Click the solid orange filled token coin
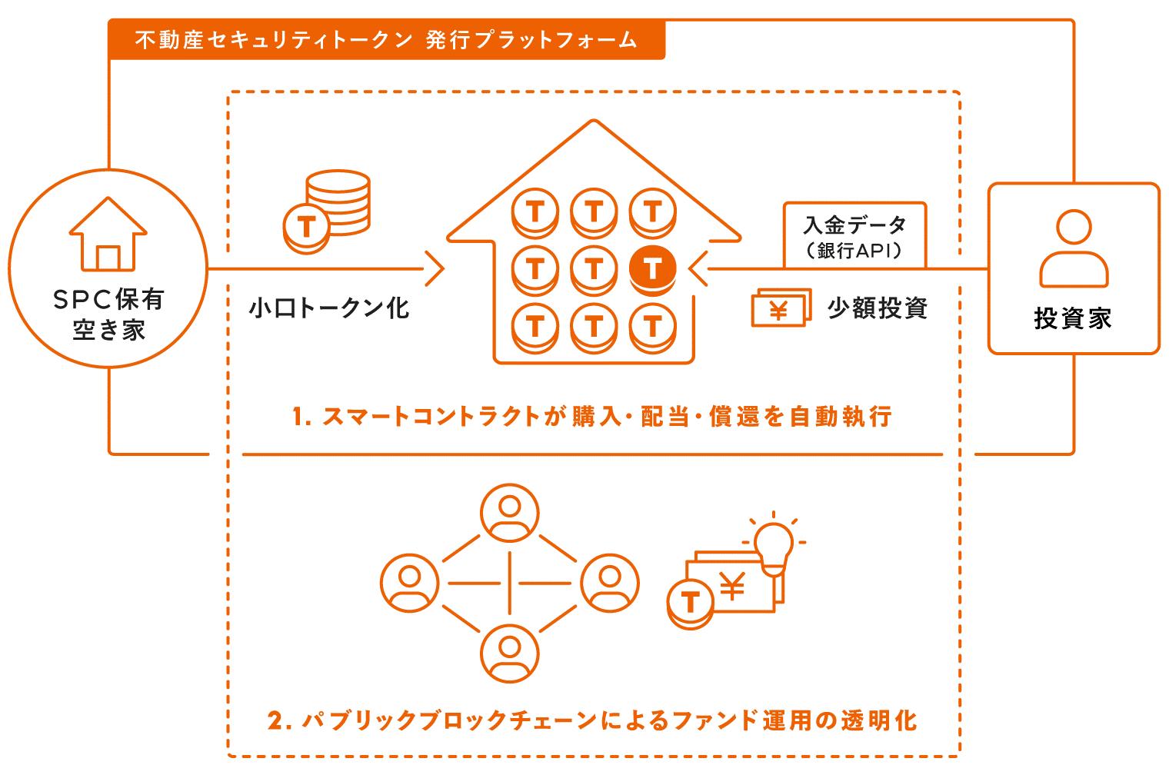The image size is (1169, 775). pyautogui.click(x=652, y=270)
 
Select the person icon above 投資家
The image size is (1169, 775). pyautogui.click(x=1074, y=248)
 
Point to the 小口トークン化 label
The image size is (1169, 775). pyautogui.click(x=329, y=308)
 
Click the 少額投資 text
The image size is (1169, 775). pyautogui.click(x=878, y=308)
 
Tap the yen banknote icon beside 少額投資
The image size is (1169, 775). pyautogui.click(x=781, y=308)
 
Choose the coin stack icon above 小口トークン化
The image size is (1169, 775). pyautogui.click(x=327, y=211)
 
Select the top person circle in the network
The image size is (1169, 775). pyautogui.click(x=509, y=513)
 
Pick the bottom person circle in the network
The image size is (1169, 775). pyautogui.click(x=509, y=654)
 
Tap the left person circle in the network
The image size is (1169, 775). pyautogui.click(x=409, y=583)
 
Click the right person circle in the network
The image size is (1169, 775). pyautogui.click(x=610, y=583)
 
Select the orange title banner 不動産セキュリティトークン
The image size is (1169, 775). pyautogui.click(x=386, y=40)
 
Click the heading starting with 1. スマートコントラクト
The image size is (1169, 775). pyautogui.click(x=592, y=417)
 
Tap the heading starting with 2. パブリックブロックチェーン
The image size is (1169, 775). pyautogui.click(x=592, y=720)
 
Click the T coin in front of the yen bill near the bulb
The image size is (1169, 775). pyautogui.click(x=690, y=604)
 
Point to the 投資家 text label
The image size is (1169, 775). pyautogui.click(x=1073, y=318)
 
